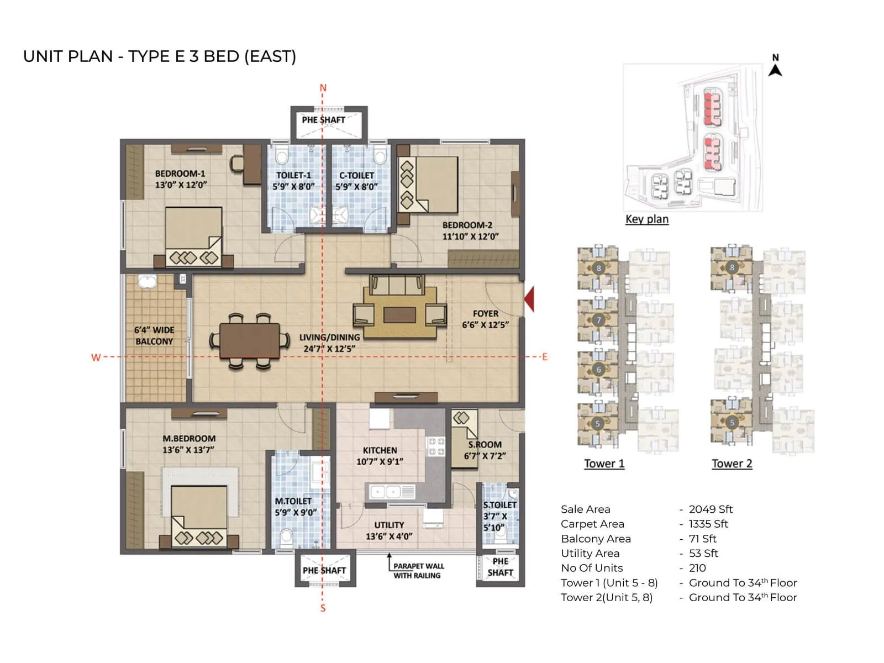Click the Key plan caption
646,219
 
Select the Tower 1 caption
604,464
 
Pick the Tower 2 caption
732,464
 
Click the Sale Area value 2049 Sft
711,509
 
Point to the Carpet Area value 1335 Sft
708,524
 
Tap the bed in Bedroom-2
428,185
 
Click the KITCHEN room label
380,450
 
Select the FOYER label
485,313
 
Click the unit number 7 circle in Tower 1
598,320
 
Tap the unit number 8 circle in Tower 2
732,267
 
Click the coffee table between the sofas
399,315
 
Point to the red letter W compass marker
96,357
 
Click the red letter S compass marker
323,608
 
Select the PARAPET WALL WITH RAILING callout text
418,571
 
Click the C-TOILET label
356,175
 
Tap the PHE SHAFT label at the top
323,120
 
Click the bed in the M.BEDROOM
198,514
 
